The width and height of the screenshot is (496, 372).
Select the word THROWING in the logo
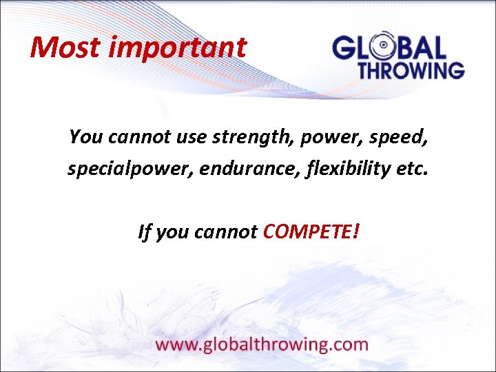click(x=411, y=70)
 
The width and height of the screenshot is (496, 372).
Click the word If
click(x=143, y=232)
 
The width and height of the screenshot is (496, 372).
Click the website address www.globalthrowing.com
click(x=262, y=344)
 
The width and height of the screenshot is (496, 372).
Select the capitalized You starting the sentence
click(x=84, y=137)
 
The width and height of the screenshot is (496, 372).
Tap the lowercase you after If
click(x=172, y=232)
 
